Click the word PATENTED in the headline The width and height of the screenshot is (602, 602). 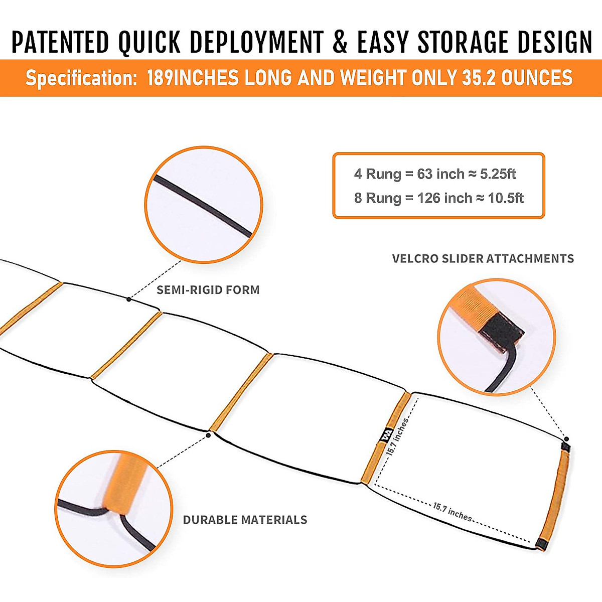[x=60, y=42]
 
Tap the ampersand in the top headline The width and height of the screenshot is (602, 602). [x=340, y=42]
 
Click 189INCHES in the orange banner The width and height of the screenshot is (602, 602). [x=193, y=78]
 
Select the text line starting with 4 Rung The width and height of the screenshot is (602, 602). [x=434, y=174]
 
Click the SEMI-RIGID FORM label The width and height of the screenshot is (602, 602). [x=208, y=290]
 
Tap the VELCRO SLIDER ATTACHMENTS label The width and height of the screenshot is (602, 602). [x=483, y=259]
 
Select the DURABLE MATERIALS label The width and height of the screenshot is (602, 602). [x=245, y=520]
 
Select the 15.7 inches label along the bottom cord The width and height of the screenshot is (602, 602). [x=453, y=512]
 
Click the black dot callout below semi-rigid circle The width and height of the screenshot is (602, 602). [x=129, y=299]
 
